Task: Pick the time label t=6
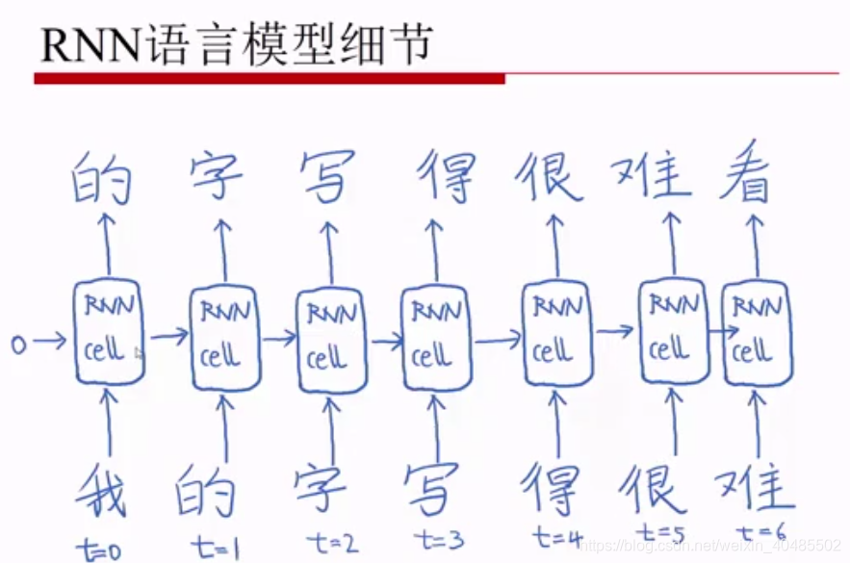[x=760, y=532]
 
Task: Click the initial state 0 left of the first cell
[x=18, y=342]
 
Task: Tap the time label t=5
[x=661, y=532]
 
